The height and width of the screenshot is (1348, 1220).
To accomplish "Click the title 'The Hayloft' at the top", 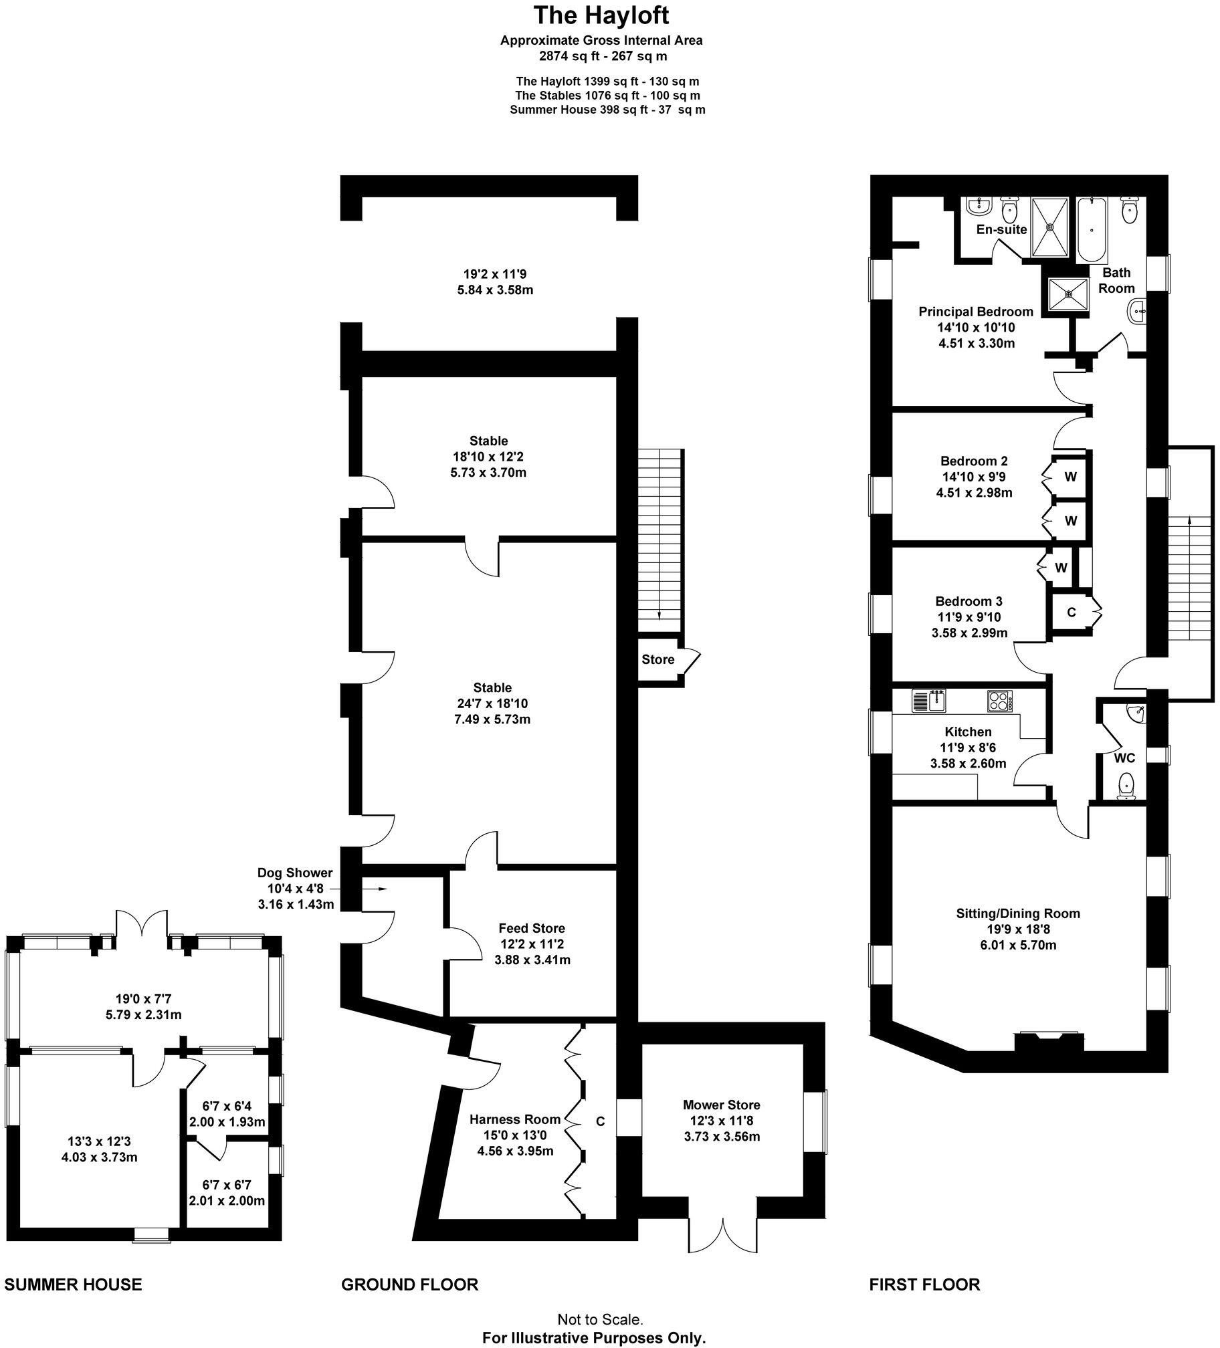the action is click(601, 15).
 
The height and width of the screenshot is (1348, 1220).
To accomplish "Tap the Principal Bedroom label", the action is click(975, 312).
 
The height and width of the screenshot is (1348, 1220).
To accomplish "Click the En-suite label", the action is click(1001, 229).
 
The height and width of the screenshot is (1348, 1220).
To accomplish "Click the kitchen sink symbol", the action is click(930, 701).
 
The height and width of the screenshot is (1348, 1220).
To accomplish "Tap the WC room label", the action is click(1124, 758).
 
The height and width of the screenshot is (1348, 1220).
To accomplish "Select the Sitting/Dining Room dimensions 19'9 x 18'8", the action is click(1017, 929).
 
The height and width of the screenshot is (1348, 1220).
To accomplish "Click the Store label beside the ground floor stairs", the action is click(657, 659).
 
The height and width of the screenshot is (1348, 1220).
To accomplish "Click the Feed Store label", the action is click(532, 928).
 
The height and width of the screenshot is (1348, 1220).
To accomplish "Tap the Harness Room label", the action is click(514, 1119).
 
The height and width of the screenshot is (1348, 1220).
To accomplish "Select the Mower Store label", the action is click(721, 1105).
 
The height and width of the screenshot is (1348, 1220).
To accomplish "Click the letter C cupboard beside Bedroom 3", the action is click(1071, 612).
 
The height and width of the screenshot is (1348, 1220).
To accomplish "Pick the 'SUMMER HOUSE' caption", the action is click(73, 1284).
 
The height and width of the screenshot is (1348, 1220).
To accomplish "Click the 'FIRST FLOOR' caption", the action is click(924, 1284).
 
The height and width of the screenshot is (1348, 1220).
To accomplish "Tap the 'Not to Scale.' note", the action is click(600, 1319).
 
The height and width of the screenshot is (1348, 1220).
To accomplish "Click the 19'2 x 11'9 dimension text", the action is click(490, 273).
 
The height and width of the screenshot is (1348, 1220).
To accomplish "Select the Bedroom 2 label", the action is click(973, 461).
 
